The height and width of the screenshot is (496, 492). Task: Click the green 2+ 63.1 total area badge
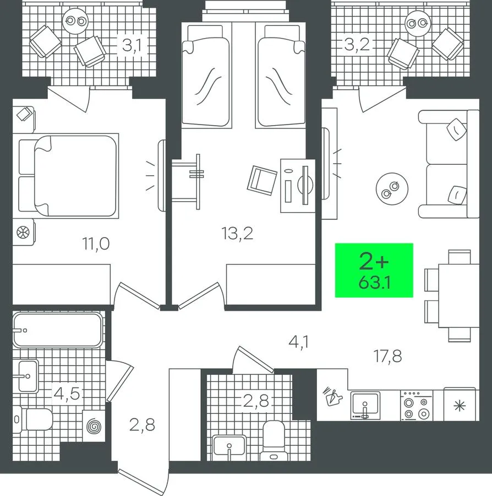pos(374,270)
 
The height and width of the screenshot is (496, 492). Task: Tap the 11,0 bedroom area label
pos(96,244)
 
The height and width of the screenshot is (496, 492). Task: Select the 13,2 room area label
pos(237,234)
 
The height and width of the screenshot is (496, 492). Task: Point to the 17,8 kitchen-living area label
pos(387,356)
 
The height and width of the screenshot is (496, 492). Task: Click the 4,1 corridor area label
pos(298,342)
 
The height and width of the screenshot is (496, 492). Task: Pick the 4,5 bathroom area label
pos(67,394)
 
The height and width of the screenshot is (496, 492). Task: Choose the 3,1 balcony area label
pos(132,46)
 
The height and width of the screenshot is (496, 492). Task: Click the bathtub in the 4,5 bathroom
pos(57,330)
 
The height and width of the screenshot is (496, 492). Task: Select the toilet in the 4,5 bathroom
pos(34,419)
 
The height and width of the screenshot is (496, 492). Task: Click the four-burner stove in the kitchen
pos(417,406)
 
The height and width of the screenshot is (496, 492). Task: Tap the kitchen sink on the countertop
pos(365,406)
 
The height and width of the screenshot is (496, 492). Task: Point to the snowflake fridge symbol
pos(460,406)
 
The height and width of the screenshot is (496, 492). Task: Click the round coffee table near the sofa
pos(392,189)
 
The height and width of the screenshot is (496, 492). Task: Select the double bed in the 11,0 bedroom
pos(65,176)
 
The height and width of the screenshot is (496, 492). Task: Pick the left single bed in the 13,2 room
pos(206,76)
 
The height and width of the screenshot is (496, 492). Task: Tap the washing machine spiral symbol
pos(94,426)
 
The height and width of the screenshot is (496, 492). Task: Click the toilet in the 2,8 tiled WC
pos(274,440)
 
